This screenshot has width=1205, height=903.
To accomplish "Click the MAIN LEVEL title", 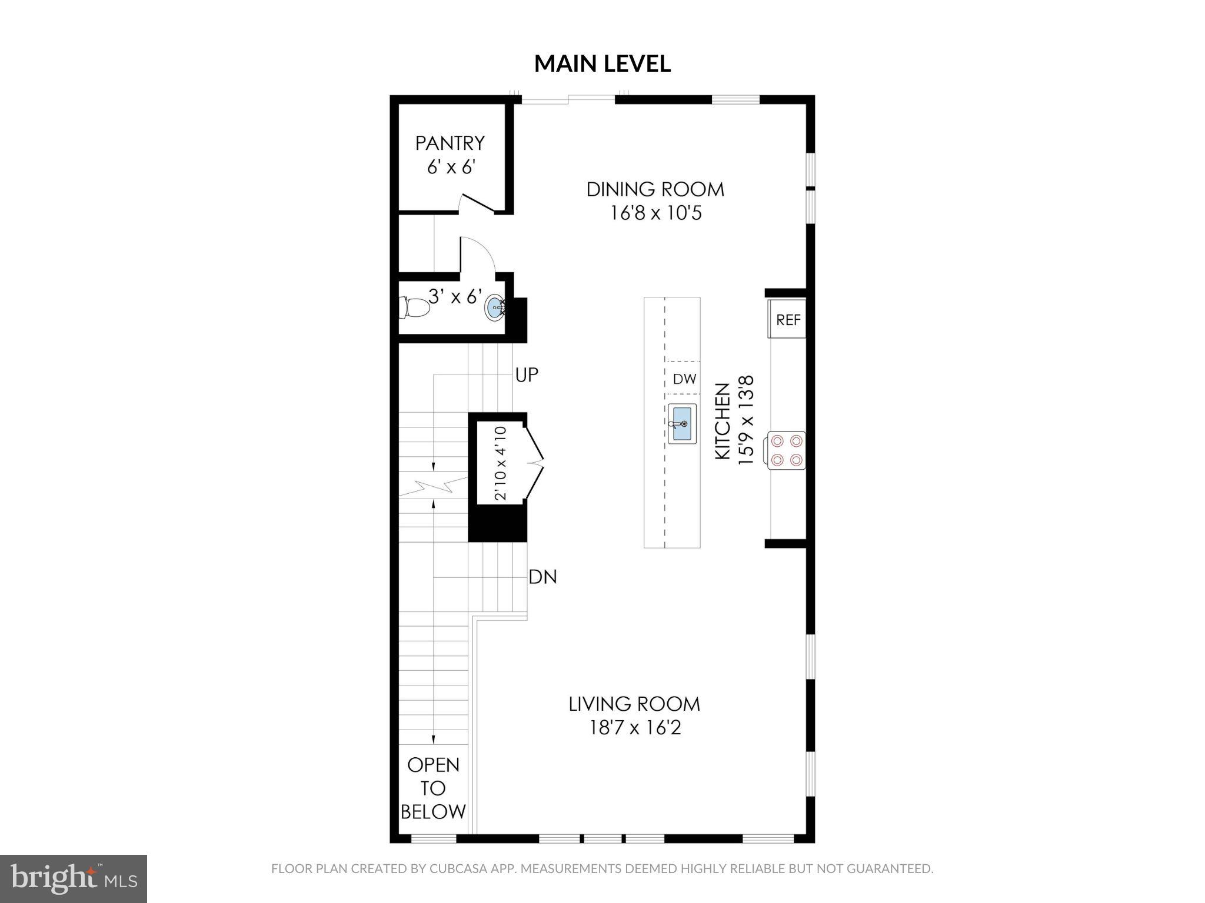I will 602,63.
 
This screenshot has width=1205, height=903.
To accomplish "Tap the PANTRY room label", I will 450,143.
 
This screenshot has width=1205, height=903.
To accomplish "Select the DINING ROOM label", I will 655,189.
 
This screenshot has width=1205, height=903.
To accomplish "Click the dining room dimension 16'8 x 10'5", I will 655,213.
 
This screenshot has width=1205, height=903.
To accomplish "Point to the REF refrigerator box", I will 787,320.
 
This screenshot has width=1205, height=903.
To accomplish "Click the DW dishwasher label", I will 684,379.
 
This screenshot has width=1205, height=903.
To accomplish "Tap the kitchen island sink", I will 683,424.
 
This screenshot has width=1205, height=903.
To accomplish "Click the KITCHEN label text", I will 722,421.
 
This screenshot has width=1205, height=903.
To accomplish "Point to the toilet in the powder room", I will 415,307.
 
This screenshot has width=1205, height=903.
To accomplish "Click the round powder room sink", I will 495,307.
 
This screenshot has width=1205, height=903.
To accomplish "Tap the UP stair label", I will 526,375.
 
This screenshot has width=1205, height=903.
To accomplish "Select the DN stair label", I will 542,577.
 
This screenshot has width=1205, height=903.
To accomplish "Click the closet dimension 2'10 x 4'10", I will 500,463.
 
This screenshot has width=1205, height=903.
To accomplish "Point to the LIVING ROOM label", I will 634,704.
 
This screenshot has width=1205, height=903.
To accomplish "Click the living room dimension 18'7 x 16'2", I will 635,728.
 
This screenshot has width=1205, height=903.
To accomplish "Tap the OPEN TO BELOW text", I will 433,788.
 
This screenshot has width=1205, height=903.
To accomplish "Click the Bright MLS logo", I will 74,878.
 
